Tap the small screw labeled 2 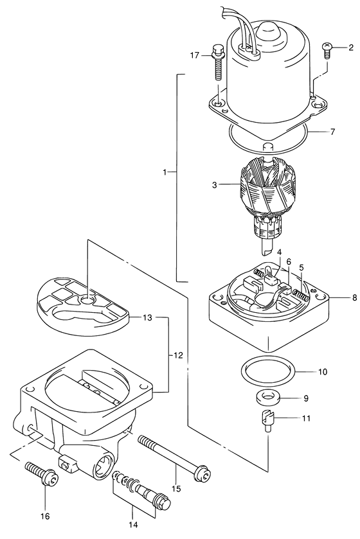click(327, 48)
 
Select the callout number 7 click(332, 132)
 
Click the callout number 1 click(165, 172)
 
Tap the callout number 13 click(147, 317)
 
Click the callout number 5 click(301, 267)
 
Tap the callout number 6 click(289, 262)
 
